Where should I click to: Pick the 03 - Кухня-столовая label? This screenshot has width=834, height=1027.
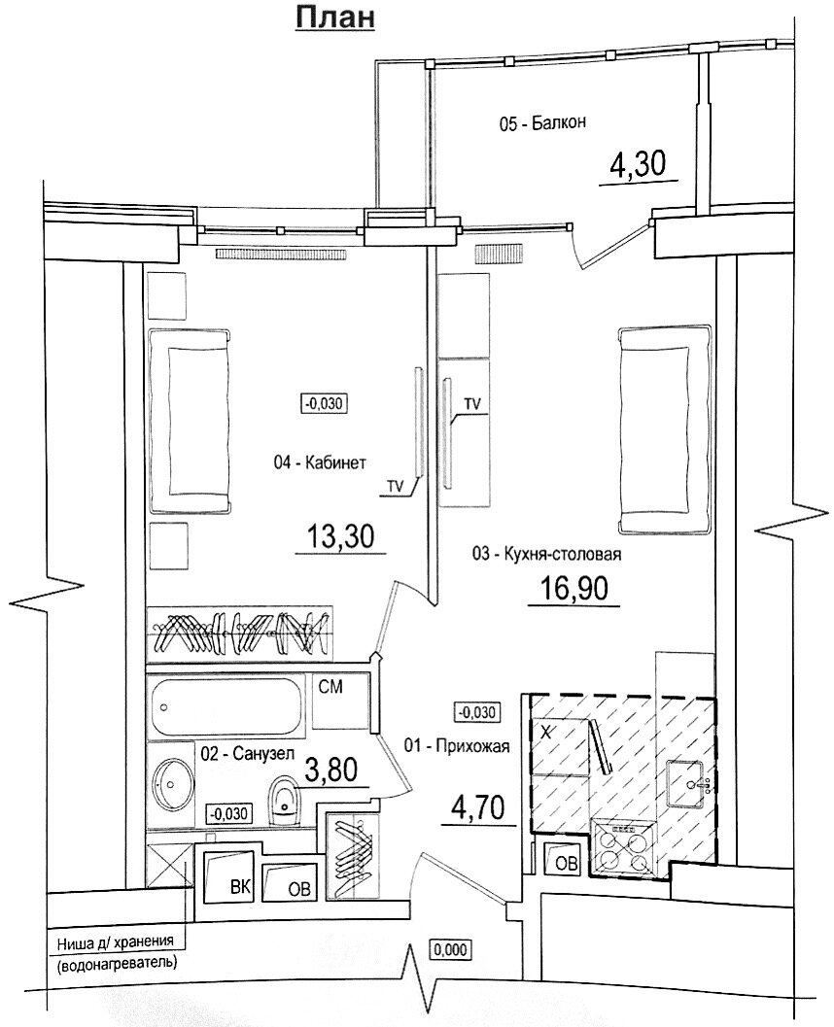click(x=545, y=555)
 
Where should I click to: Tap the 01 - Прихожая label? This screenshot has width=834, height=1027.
click(x=456, y=745)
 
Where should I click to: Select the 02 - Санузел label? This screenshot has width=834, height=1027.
click(x=244, y=753)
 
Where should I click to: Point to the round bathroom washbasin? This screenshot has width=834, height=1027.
click(x=175, y=780)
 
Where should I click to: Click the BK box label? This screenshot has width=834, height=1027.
click(x=238, y=886)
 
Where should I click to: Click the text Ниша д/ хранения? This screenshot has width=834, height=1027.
click(x=116, y=941)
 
